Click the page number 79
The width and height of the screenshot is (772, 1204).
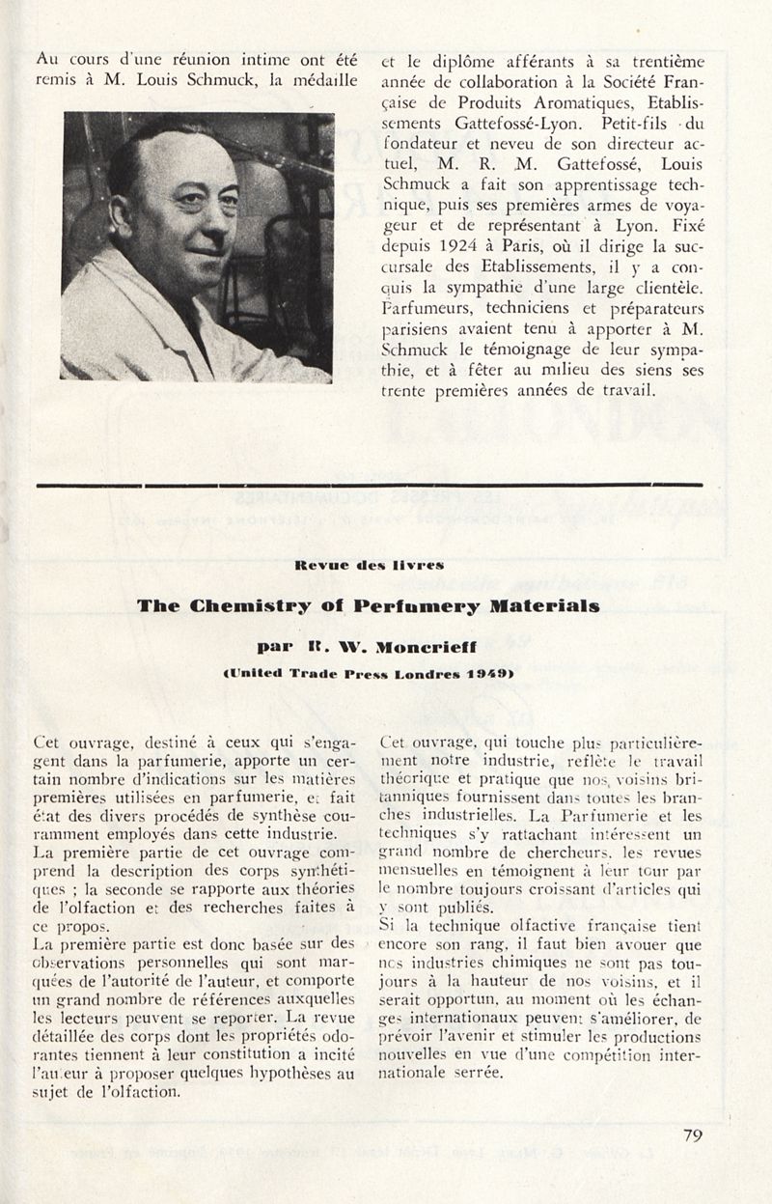[693, 1135]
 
